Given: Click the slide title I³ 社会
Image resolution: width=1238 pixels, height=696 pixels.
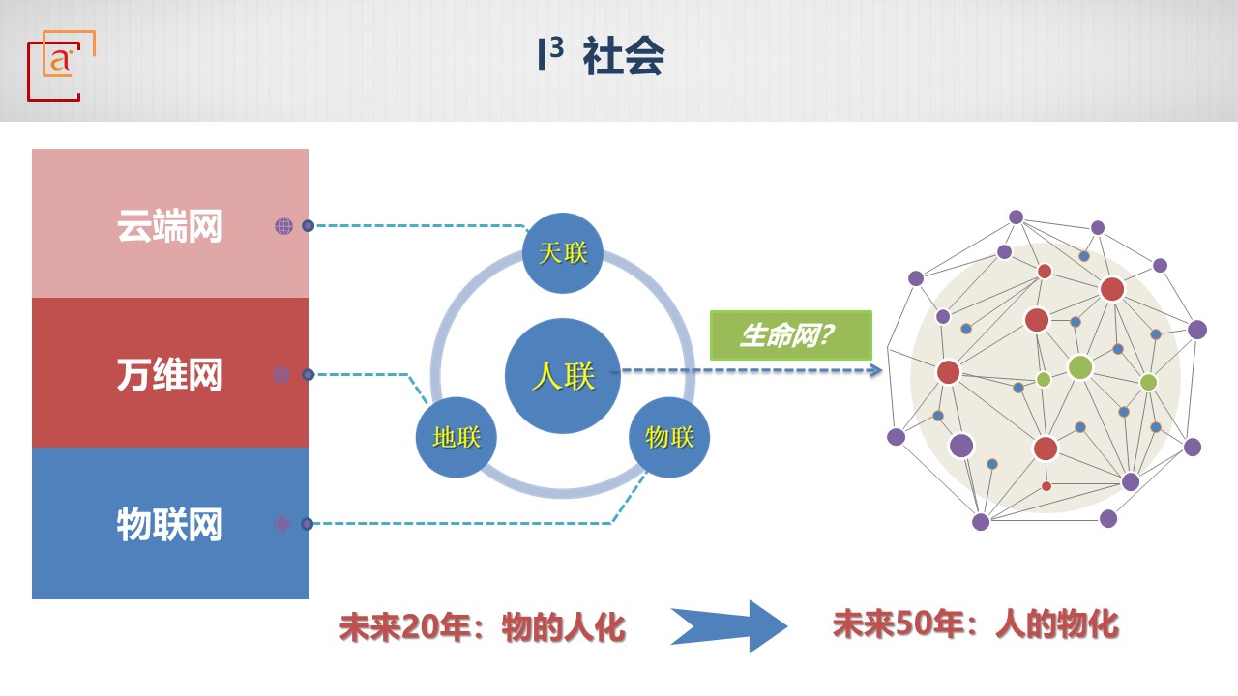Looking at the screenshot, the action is point(601,55).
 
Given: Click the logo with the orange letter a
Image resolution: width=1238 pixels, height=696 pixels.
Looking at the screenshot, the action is point(61,65).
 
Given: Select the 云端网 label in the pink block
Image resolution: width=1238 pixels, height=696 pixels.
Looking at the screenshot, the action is point(169,225).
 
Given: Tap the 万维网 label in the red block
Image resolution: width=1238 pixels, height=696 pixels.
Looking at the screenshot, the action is point(169,374).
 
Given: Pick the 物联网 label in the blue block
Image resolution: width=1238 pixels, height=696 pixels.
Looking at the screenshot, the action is point(169,524).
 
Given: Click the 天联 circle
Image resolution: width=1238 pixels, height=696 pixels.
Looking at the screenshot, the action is point(563,253).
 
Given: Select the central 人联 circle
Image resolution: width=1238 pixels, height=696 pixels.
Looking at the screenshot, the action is point(563,376).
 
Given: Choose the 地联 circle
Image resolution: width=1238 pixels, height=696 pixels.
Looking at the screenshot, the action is point(457,438).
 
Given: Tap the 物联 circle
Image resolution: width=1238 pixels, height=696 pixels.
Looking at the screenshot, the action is point(669,438).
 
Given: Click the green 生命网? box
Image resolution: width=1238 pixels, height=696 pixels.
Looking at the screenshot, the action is point(791,335).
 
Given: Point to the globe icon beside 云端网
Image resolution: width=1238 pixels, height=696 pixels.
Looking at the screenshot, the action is point(284,226).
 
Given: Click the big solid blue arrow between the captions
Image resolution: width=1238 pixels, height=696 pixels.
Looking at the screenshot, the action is point(729,626).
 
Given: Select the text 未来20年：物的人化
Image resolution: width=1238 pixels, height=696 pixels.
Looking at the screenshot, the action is point(482,628).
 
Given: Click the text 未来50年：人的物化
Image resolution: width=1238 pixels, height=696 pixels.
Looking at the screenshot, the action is point(976,624).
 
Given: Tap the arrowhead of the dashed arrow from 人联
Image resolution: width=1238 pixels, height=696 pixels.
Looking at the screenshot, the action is point(876,370).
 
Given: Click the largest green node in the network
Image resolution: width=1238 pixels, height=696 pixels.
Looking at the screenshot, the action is point(1080,367).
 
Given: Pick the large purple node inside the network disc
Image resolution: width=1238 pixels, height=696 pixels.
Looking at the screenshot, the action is point(961,446).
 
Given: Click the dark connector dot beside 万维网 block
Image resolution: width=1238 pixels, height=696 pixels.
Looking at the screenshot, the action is point(309,374).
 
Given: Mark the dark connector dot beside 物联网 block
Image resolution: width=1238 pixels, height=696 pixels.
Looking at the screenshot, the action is point(308,524).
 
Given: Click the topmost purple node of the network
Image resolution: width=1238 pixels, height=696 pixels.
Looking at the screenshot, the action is point(1016,217).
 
